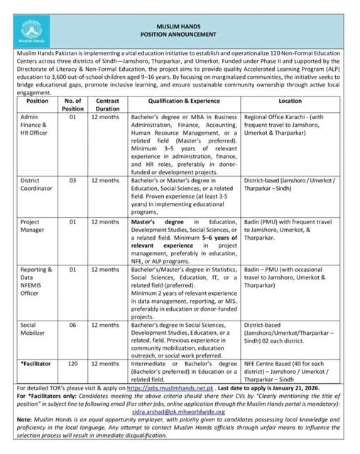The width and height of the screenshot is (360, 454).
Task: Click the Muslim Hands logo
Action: pos(31,29)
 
